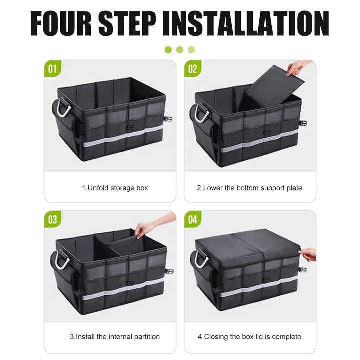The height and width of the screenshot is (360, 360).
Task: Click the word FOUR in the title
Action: coord(61,23)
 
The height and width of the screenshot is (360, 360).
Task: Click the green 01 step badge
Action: coord(53,69)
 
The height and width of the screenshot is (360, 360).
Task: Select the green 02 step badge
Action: coord(193,69)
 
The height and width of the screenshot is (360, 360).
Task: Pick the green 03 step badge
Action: coord(53,219)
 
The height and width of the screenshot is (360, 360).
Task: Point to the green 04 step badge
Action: coord(193,219)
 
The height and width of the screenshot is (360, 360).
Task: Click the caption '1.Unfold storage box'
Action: coord(115,188)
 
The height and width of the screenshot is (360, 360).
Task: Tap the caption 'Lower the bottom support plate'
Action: coord(252,188)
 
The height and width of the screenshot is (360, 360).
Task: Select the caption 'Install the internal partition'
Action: coord(118,337)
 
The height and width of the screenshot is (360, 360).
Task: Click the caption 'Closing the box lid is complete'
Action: coord(253,337)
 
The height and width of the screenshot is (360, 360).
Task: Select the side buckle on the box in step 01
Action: coord(169,119)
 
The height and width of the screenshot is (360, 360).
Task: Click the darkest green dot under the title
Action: coord(168,50)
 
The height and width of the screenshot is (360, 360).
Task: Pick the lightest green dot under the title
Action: coord(191,50)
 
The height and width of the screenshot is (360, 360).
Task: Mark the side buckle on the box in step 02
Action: coord(303,124)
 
